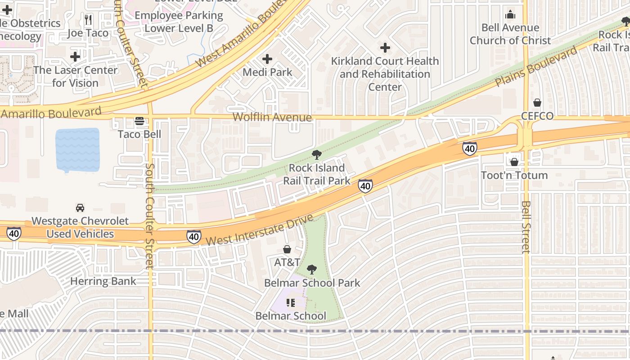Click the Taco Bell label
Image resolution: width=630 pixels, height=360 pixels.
pyautogui.click(x=139, y=134)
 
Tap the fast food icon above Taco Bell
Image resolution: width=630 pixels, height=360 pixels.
pyautogui.click(x=139, y=121)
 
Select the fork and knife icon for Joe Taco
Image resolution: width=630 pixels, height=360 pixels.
pyautogui.click(x=88, y=20)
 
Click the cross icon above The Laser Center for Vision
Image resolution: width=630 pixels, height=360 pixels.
pyautogui.click(x=75, y=57)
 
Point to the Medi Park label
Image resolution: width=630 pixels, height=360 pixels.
pyautogui.click(x=267, y=72)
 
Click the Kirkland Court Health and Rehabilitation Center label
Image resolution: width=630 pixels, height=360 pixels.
pyautogui.click(x=385, y=74)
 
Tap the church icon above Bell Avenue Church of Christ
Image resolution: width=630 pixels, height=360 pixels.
pyautogui.click(x=510, y=14)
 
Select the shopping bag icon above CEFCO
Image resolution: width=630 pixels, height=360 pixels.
pyautogui.click(x=537, y=103)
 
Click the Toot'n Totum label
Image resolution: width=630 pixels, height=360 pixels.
pyautogui.click(x=514, y=175)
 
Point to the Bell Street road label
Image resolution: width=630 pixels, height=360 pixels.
pyautogui.click(x=526, y=227)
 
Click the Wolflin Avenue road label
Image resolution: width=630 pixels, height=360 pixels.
pyautogui.click(x=272, y=117)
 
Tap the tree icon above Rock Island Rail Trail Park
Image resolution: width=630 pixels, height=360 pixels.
pyautogui.click(x=316, y=155)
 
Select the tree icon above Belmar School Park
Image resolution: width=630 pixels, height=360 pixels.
pyautogui.click(x=311, y=270)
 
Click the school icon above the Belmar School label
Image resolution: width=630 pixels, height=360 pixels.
pyautogui.click(x=290, y=303)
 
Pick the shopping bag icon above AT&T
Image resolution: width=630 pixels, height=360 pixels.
pyautogui.click(x=287, y=249)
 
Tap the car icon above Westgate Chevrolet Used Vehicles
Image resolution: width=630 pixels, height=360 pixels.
pyautogui.click(x=80, y=207)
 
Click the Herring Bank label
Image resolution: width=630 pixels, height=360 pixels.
pyautogui.click(x=103, y=282)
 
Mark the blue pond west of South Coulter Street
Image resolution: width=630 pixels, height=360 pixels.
pyautogui.click(x=77, y=150)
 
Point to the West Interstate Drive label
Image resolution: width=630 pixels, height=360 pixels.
pyautogui.click(x=259, y=230)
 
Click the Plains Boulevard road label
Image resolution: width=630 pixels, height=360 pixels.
pyautogui.click(x=535, y=67)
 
